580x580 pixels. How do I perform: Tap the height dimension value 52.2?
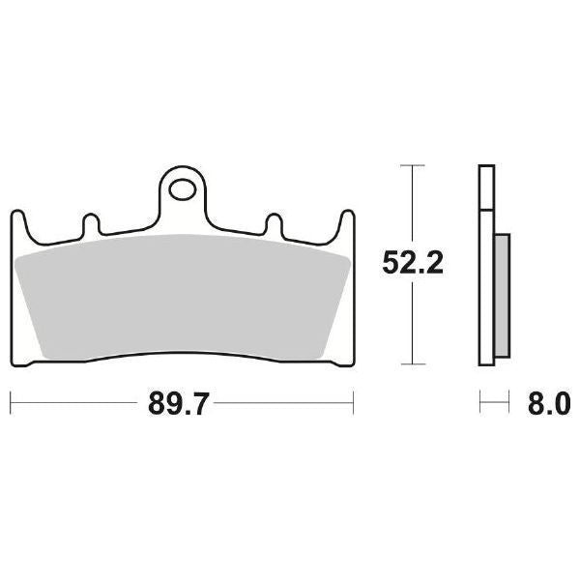[x=413, y=262]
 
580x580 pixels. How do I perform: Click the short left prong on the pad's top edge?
[x=92, y=223]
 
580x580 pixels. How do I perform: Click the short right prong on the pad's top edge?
[x=274, y=223]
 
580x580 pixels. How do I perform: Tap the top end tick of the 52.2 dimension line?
[x=413, y=166]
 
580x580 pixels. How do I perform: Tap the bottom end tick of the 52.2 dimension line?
[x=413, y=365]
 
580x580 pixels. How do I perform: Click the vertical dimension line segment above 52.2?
[x=413, y=203]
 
